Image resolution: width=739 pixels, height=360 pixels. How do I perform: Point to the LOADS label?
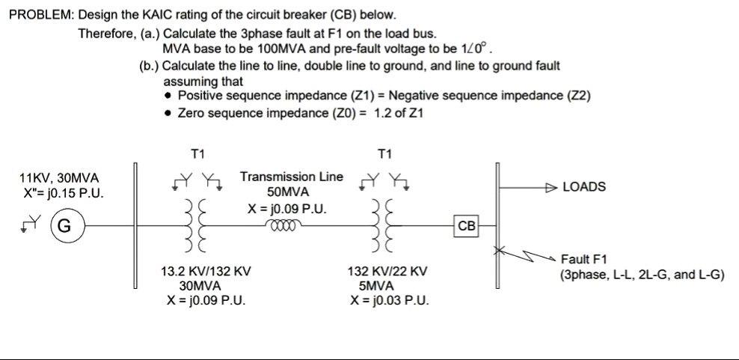(x=583, y=186)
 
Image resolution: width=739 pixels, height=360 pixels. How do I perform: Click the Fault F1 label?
(x=584, y=260)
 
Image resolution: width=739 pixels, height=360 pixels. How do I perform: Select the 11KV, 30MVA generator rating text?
(x=59, y=178)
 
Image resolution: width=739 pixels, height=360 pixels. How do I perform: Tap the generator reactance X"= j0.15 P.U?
(x=64, y=193)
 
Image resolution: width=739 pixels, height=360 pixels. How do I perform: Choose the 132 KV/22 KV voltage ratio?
(x=387, y=271)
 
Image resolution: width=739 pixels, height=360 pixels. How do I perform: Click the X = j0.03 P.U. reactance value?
(x=387, y=300)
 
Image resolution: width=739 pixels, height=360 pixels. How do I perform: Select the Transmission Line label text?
(x=292, y=177)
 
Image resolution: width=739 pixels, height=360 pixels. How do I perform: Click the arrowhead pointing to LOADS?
(x=551, y=186)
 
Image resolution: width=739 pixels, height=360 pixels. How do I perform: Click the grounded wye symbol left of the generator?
(x=30, y=222)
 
